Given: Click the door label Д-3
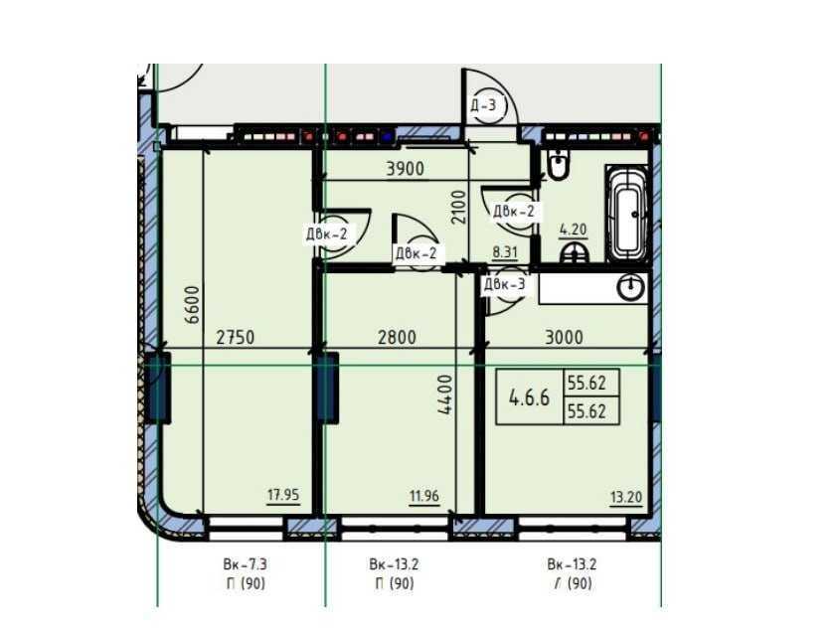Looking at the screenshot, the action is [x=483, y=105].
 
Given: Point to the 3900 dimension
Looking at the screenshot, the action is [x=406, y=169].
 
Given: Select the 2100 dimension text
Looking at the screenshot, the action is [x=458, y=208].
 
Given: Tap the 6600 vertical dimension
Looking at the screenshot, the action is [x=192, y=304].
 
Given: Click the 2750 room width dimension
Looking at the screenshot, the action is [x=236, y=337].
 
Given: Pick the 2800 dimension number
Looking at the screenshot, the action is [x=397, y=337].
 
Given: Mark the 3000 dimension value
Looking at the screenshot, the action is [x=564, y=337].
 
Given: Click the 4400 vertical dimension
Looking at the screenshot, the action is [x=444, y=394].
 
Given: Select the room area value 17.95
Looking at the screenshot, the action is [x=283, y=495].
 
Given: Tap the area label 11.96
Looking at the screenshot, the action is [x=424, y=496].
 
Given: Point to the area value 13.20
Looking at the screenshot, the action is [x=626, y=497].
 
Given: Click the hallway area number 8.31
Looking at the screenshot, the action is [x=504, y=251].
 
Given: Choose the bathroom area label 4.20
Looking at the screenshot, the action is [x=573, y=230].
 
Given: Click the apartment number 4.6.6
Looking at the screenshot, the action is [x=529, y=396].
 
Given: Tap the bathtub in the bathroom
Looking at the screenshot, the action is [x=626, y=214].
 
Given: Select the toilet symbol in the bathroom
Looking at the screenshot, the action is [x=559, y=164].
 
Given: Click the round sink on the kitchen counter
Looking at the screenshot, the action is [x=631, y=288].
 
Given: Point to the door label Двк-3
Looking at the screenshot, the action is [x=504, y=284].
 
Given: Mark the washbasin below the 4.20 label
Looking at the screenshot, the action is [x=575, y=252].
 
